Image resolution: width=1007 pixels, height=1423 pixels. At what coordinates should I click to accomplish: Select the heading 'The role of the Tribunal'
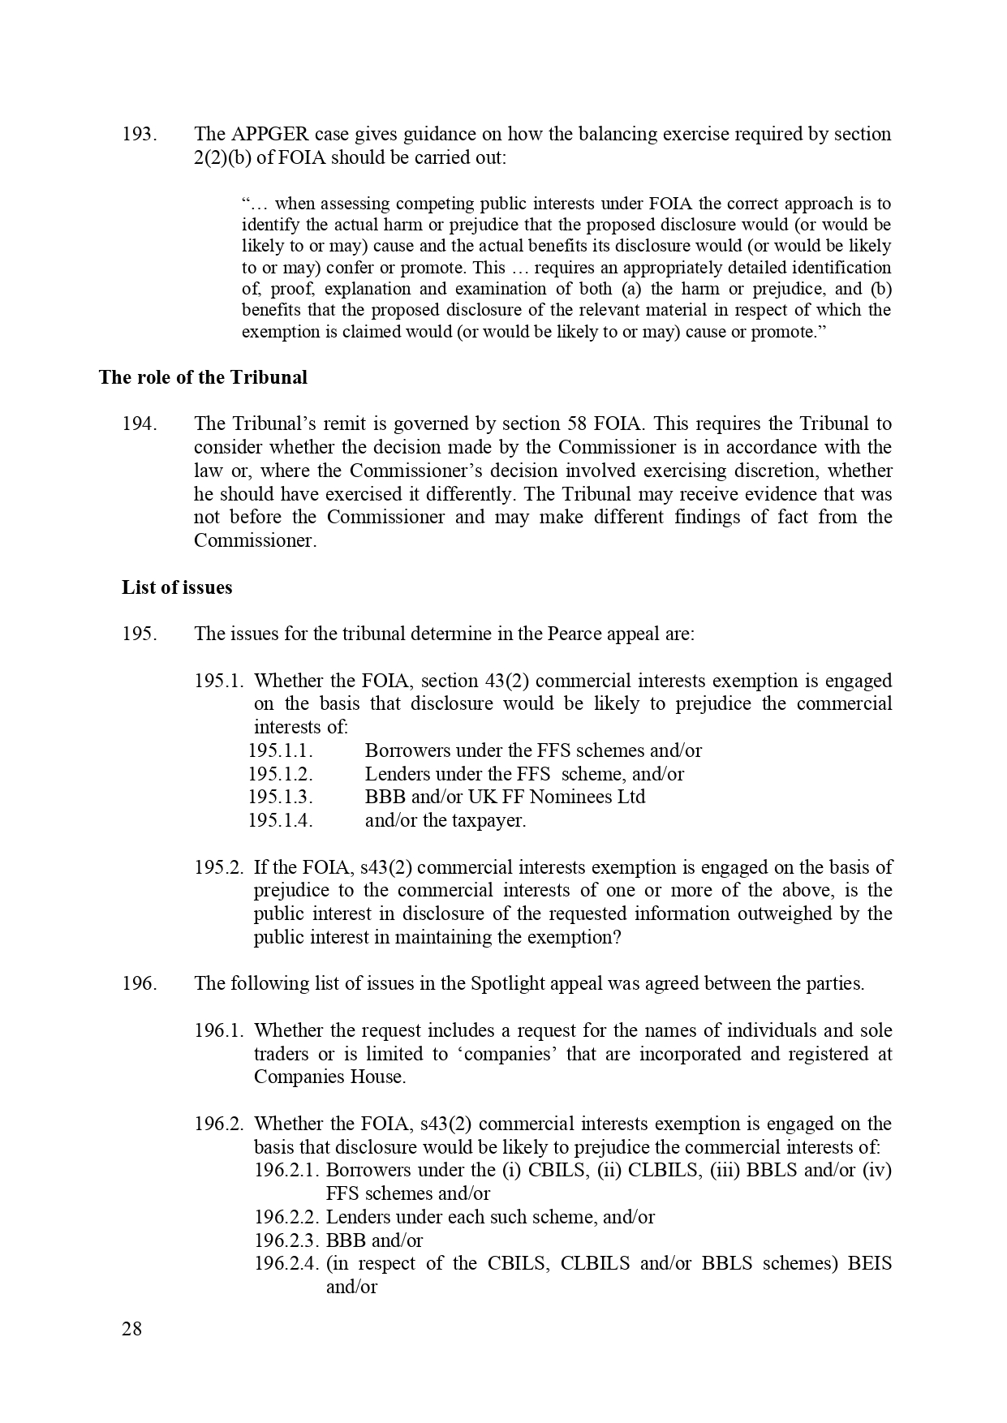tap(203, 377)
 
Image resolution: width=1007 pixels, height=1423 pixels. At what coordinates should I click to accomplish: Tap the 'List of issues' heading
tap(177, 587)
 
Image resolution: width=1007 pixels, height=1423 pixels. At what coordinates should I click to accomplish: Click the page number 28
tap(131, 1329)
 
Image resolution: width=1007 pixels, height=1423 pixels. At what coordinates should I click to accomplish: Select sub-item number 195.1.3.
tap(280, 797)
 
